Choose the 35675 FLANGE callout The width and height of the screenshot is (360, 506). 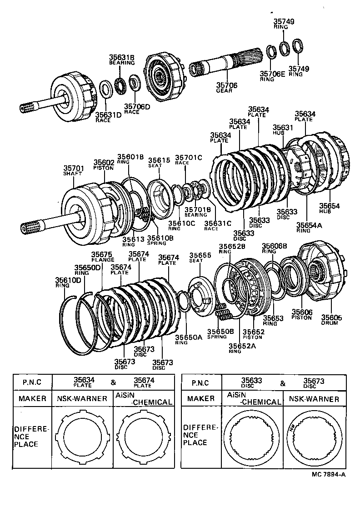[x=102, y=257]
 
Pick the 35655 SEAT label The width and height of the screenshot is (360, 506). [x=200, y=258]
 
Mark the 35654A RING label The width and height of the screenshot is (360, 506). [x=308, y=227]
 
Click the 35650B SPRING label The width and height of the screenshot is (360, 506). [x=220, y=334]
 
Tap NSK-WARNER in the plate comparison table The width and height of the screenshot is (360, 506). [x=82, y=399]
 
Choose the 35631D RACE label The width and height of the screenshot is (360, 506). [x=109, y=117]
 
